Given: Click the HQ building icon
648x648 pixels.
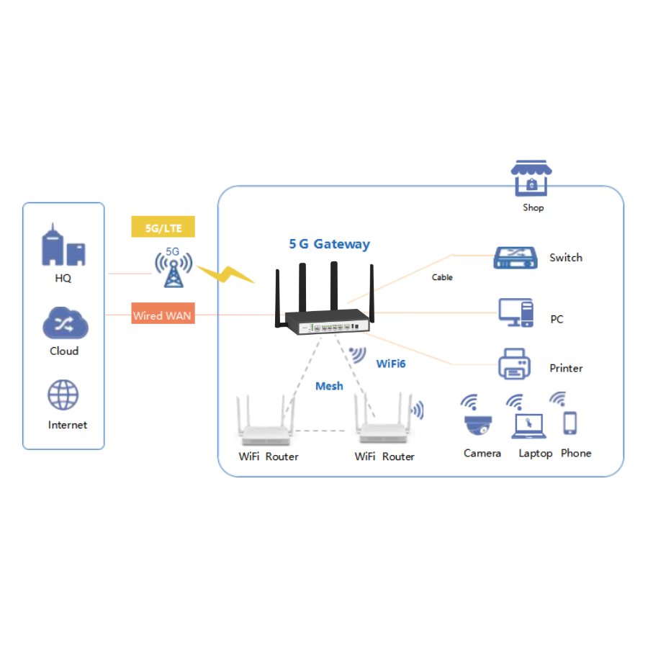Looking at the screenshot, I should [64, 247].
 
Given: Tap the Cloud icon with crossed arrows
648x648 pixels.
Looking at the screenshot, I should [64, 323].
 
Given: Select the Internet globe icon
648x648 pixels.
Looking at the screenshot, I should [63, 395].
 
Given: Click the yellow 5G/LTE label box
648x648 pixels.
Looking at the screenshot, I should [163, 228].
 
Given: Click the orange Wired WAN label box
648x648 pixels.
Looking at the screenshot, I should [163, 315].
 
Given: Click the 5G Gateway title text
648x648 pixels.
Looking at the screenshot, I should [329, 244].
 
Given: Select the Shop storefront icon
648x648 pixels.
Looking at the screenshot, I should [531, 179].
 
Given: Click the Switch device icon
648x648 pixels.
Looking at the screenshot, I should [516, 257].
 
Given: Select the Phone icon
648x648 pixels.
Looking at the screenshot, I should [570, 423].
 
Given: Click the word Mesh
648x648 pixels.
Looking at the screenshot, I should [329, 387].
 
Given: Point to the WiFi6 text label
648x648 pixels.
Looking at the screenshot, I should [391, 364].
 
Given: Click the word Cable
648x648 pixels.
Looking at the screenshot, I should [442, 277].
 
